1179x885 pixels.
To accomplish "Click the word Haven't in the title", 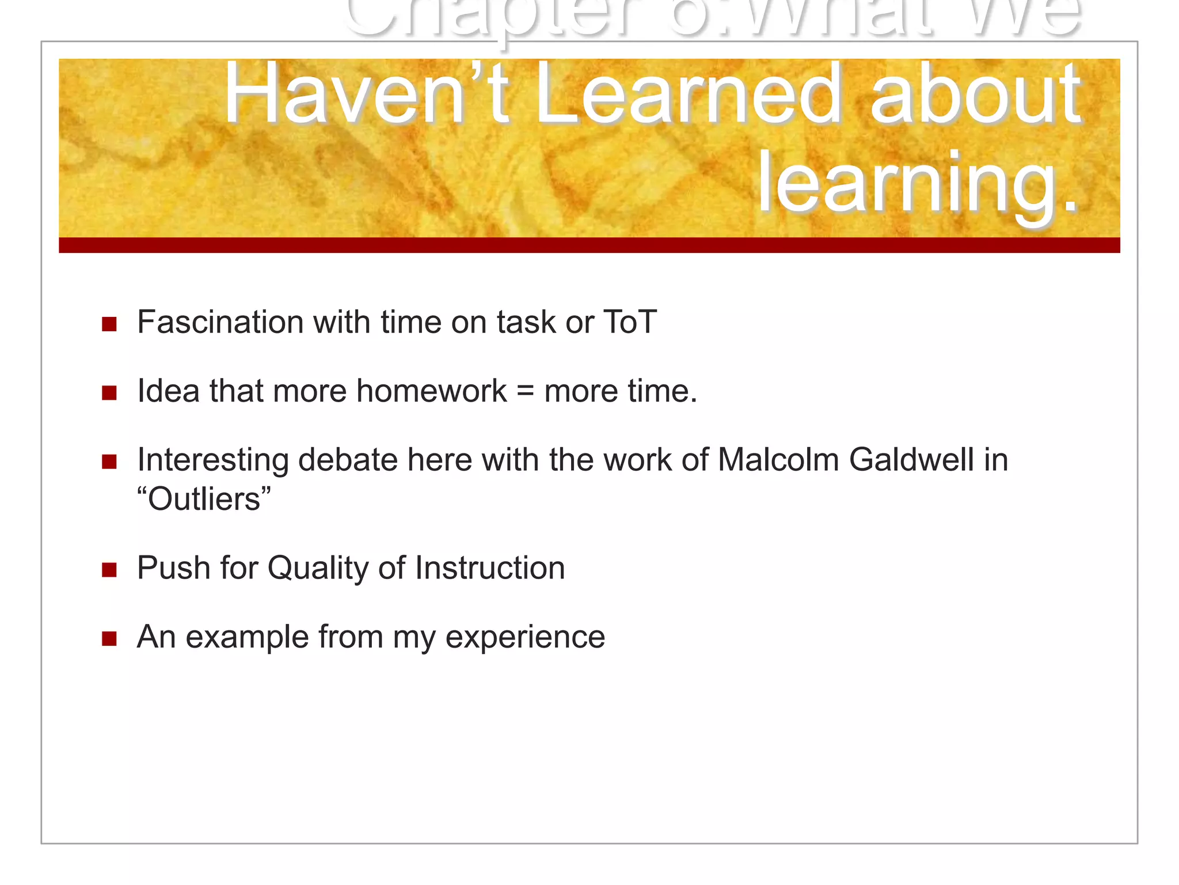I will (x=366, y=94).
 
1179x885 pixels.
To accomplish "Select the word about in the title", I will (x=975, y=94).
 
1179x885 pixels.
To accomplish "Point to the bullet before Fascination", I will (x=109, y=324).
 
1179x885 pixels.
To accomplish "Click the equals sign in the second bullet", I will (x=525, y=392).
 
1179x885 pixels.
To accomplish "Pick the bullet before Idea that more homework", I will (x=109, y=393).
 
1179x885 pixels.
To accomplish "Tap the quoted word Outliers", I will (x=204, y=499).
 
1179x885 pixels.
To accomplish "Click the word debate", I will (x=348, y=460).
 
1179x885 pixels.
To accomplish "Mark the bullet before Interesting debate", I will (x=109, y=462).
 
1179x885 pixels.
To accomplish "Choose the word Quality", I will (x=318, y=568).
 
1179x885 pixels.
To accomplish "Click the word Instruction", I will (x=490, y=568).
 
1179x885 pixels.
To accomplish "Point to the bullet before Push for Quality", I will (x=109, y=570).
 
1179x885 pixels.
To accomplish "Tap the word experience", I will (x=525, y=637).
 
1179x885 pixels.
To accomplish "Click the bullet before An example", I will (x=109, y=638).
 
